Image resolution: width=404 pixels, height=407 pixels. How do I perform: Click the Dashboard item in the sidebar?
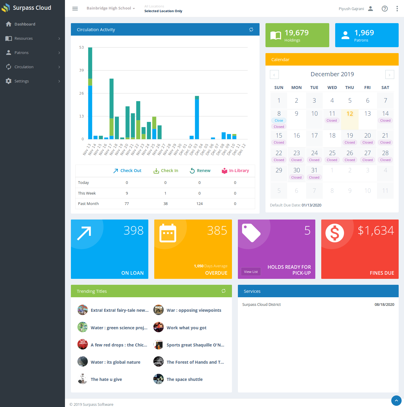25,24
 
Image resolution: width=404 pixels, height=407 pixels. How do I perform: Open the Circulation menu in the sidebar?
24,67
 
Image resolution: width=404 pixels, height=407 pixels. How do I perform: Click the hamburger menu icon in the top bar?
75,9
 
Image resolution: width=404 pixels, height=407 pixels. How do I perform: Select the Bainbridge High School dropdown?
110,8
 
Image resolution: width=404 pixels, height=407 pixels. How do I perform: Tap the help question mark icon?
384,9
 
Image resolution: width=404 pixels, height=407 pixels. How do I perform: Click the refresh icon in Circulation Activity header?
251,30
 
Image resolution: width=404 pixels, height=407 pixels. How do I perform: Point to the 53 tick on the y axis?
81,47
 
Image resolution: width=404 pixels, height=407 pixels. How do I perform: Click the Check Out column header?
127,171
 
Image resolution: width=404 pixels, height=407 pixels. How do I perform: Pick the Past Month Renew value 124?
199,204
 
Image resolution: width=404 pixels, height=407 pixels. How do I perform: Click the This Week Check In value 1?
165,193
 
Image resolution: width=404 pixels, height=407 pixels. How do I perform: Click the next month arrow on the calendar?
389,75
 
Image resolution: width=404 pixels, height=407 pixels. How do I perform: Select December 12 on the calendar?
350,114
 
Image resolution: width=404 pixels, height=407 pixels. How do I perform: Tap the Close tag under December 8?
279,120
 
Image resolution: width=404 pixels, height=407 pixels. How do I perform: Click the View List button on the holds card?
251,272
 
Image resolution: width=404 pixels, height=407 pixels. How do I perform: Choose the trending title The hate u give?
106,379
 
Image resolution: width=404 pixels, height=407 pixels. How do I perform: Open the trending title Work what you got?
186,328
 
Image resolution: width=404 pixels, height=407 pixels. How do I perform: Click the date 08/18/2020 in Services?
384,305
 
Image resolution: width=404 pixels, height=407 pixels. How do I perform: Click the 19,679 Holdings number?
296,33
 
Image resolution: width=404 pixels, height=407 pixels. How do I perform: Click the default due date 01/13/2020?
311,205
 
